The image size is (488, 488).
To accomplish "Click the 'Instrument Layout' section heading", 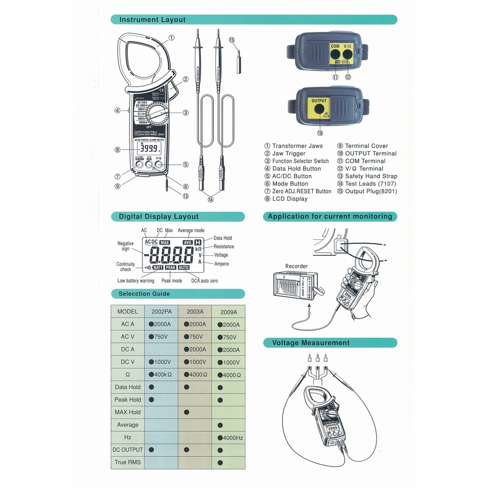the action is click(x=152, y=20).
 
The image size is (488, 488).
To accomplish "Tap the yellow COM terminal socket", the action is click(x=335, y=55).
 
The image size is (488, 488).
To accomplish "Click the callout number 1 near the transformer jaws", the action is click(x=171, y=38).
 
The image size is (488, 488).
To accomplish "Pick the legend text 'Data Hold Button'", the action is click(x=296, y=169).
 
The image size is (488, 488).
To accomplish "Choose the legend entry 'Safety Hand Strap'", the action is click(x=371, y=176).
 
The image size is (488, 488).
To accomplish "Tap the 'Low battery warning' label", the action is click(x=136, y=281).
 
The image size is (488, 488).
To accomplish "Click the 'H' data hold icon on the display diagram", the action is click(x=198, y=242).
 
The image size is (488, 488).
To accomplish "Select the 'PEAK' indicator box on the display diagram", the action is click(x=171, y=268).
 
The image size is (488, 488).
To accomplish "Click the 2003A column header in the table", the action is click(x=195, y=312).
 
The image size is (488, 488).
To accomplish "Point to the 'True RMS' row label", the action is click(x=128, y=462).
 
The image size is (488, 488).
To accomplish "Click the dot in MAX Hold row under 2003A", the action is click(x=186, y=412).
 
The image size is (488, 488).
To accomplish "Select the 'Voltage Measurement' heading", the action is click(x=311, y=343).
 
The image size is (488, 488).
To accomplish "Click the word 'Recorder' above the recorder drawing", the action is click(x=296, y=266).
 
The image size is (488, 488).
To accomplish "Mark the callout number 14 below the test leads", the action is click(x=210, y=200).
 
